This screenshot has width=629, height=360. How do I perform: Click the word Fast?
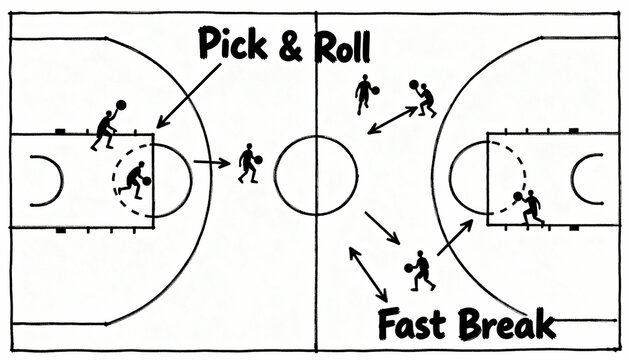tap(413, 325)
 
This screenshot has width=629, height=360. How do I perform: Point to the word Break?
tap(505, 325)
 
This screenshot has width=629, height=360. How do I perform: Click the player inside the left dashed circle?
tap(133, 178)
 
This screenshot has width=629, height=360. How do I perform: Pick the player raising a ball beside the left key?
tap(106, 125)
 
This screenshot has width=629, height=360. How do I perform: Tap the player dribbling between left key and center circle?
tap(248, 163)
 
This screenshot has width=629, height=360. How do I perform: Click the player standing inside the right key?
tap(530, 207)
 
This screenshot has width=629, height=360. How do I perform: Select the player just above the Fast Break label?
tap(421, 270)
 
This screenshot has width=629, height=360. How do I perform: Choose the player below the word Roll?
tap(364, 93)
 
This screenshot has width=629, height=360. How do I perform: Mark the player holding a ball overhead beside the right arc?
tap(425, 98)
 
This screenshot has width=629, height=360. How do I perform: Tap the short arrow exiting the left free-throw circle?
tap(209, 162)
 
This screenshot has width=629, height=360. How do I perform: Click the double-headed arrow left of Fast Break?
tap(367, 273)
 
